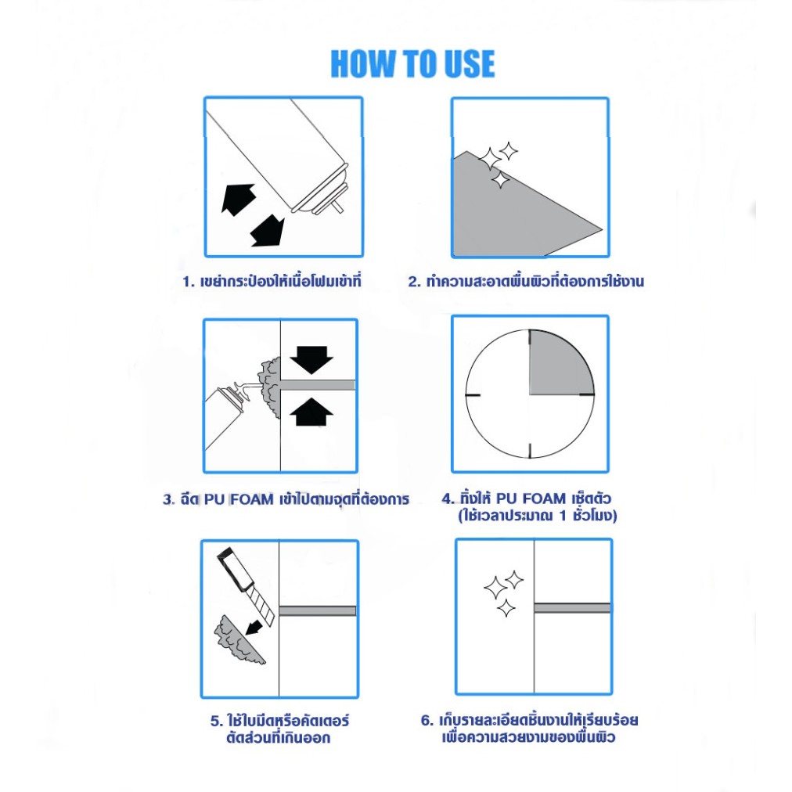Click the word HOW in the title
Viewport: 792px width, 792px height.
[x=363, y=63]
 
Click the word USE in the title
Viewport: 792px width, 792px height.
[x=468, y=63]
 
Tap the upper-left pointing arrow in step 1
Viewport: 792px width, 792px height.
[x=238, y=199]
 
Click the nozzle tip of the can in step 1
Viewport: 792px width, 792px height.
[x=338, y=207]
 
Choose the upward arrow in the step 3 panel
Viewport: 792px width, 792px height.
[x=311, y=412]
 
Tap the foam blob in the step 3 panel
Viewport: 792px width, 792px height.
[x=269, y=387]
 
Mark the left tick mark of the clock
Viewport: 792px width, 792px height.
[x=473, y=394]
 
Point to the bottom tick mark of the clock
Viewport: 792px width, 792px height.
[x=530, y=451]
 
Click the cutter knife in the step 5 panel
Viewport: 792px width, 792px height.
[x=246, y=586]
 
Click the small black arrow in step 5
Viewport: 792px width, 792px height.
[x=254, y=628]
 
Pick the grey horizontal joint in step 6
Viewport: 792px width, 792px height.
[x=572, y=607]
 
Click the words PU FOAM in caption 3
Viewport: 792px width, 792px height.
[x=239, y=499]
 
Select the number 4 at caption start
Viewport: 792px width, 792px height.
[x=447, y=499]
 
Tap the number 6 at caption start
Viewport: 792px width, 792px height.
[x=426, y=721]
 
